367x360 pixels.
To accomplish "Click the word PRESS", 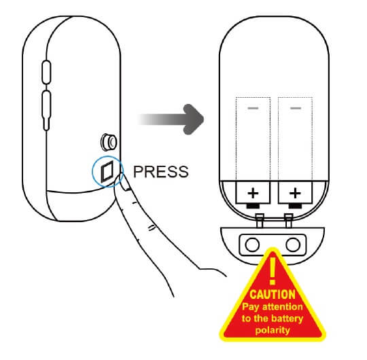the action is (x=161, y=171).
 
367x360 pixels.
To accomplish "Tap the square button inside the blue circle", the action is (x=107, y=171).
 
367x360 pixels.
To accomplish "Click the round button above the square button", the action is (x=108, y=142).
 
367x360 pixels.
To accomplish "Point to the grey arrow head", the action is (x=193, y=120).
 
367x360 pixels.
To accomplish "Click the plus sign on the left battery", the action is (x=253, y=193).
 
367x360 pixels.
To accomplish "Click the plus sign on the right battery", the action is (x=295, y=193).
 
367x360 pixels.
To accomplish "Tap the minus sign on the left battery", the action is (x=253, y=108).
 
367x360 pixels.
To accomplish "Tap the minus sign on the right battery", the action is (x=296, y=108).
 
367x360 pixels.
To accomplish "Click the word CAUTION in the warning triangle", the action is (x=273, y=295).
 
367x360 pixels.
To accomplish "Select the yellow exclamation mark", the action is (x=273, y=271).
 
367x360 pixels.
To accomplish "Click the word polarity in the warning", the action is (x=273, y=330).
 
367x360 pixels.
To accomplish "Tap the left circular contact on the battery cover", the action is (x=252, y=245).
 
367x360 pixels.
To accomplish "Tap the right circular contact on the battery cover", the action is (x=293, y=245).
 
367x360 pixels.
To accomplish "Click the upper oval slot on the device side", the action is (x=46, y=72).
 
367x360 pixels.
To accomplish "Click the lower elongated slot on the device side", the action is (x=46, y=110).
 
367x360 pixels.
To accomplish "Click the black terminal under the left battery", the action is (x=253, y=206).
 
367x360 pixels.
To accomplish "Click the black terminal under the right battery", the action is (x=295, y=206).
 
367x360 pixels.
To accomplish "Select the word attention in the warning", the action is (x=283, y=306).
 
